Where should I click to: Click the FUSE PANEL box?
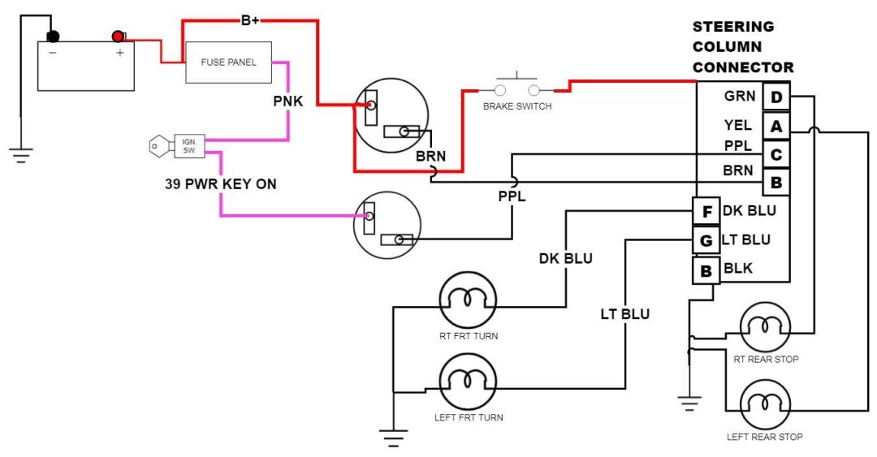228,63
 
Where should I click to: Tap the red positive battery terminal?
119,36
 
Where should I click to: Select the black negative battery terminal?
54,37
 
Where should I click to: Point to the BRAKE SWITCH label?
517,106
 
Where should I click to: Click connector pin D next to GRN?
776,98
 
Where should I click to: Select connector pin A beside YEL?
776,127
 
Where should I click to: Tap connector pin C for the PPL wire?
776,154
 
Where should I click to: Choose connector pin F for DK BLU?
706,212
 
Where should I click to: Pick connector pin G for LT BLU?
706,241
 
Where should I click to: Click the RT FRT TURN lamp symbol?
467,300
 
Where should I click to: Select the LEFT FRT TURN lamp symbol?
467,380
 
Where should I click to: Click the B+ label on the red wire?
250,19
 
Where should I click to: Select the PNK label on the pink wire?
288,103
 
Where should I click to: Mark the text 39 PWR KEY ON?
220,184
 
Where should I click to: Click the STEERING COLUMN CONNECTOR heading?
742,47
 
